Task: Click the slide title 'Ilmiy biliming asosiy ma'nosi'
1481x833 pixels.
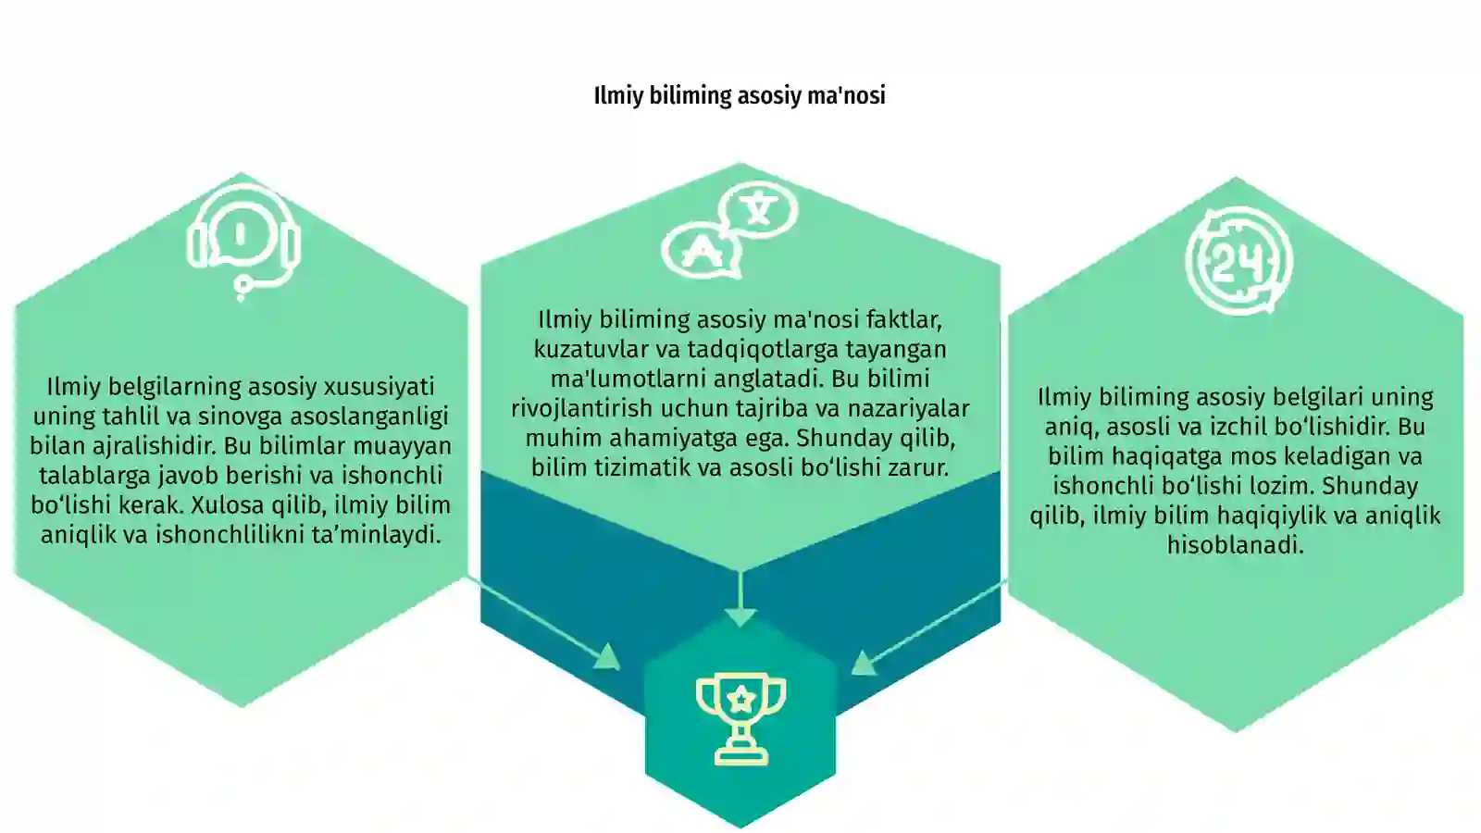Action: point(740,96)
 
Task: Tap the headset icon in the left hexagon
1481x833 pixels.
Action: point(243,242)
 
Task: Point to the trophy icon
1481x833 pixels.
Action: point(741,719)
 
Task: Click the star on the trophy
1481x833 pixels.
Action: point(741,698)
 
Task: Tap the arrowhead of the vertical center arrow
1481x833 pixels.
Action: point(740,618)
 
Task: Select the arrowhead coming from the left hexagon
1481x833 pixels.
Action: point(608,656)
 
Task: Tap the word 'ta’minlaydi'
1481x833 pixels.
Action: point(376,535)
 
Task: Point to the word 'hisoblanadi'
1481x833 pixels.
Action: point(1235,545)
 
